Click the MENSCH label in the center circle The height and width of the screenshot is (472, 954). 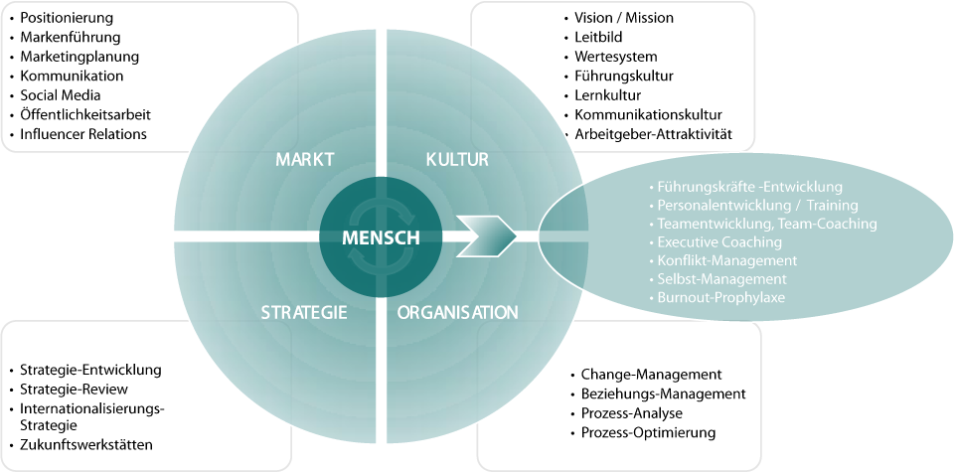click(381, 237)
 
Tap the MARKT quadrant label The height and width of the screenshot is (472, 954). click(305, 160)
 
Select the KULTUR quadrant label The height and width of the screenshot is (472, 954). click(457, 160)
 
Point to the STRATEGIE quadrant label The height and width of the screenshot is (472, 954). click(304, 313)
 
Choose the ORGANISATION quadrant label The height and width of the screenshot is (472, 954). click(457, 313)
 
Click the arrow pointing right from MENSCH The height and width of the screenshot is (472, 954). click(486, 236)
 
